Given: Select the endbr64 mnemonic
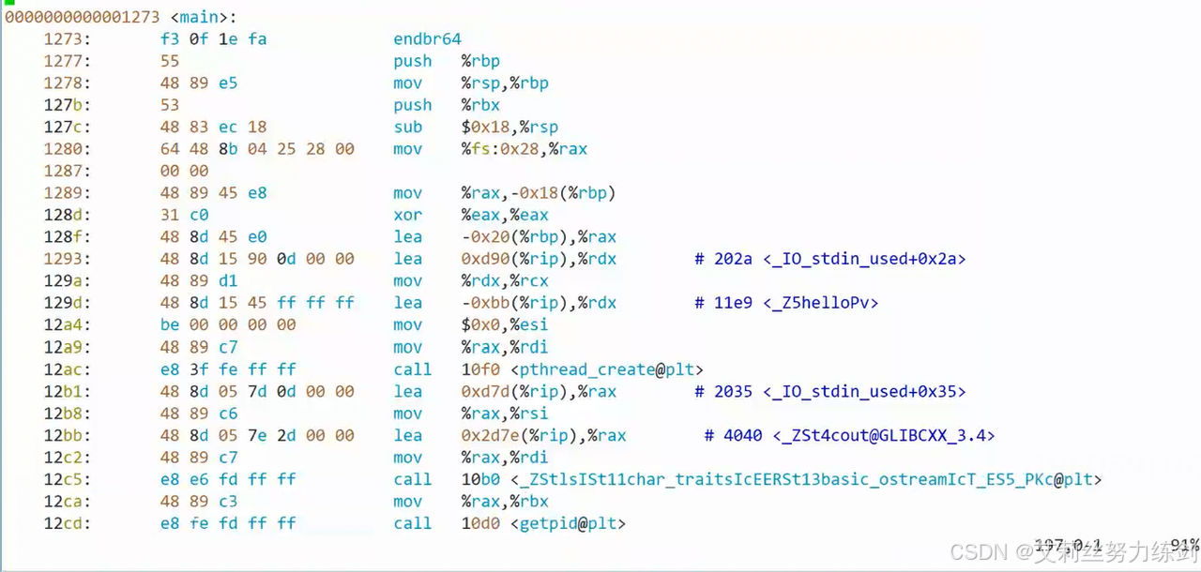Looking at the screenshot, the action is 427,39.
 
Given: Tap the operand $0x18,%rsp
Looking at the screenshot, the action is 510,127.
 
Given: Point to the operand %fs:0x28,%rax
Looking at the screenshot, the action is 524,149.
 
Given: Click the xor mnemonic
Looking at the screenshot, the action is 407,215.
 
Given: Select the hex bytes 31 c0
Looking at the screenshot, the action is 185,215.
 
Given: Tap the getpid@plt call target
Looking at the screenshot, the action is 568,523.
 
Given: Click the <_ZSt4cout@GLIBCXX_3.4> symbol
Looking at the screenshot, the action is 884,435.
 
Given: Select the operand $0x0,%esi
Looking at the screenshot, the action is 505,324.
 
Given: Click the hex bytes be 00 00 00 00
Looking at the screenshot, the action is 228,324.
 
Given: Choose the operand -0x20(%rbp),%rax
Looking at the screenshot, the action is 539,237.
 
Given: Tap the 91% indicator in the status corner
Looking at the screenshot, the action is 1185,545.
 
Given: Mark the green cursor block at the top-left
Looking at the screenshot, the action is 8,5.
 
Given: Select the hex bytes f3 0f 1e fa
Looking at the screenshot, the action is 214,39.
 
